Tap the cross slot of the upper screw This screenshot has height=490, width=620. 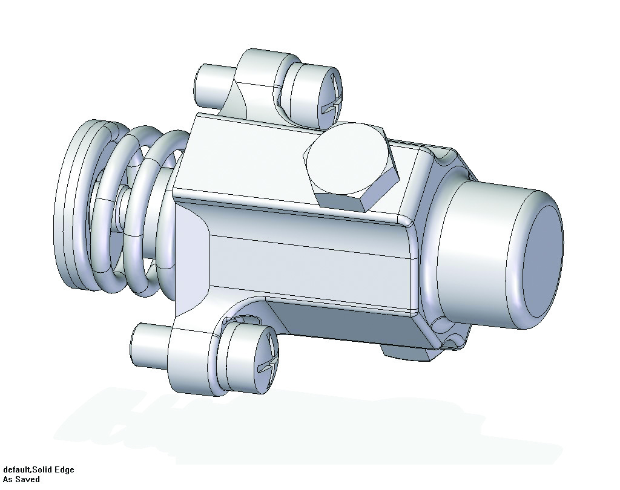click(x=332, y=100)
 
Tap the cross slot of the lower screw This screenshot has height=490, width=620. click(x=268, y=359)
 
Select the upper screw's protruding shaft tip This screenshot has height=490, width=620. click(x=209, y=85)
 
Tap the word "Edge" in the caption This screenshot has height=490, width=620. click(x=64, y=470)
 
